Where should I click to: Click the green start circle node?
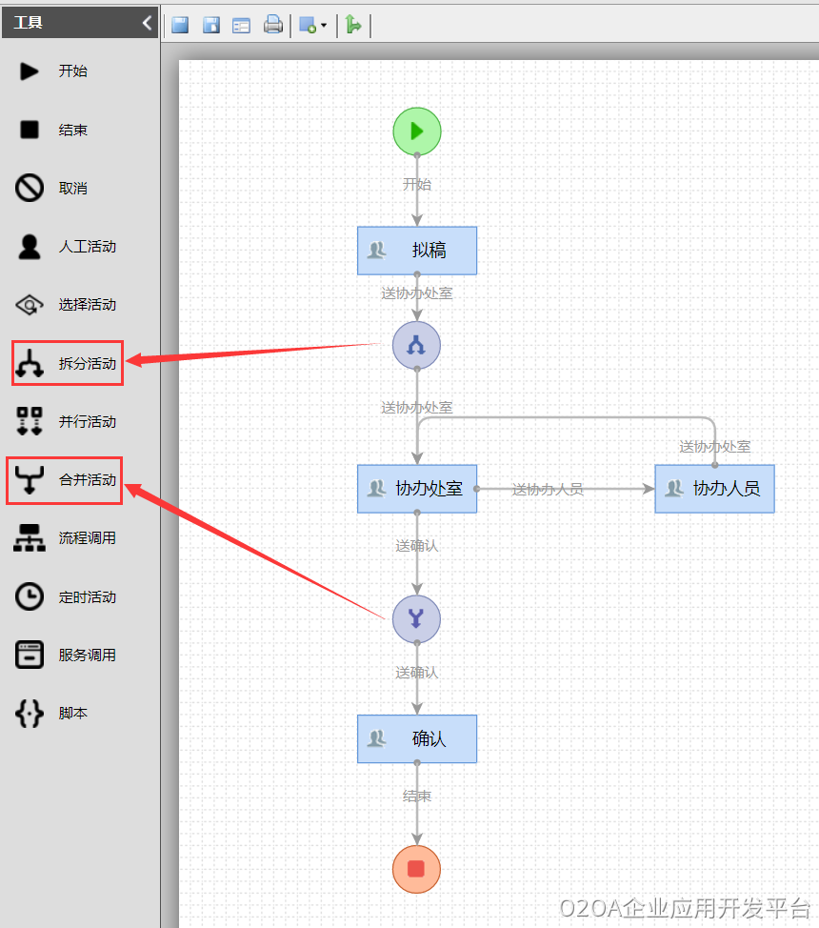pos(417,131)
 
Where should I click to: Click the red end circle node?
pos(416,869)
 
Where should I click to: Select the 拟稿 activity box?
pos(417,251)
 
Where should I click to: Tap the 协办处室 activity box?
pos(417,489)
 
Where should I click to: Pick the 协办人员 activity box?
pos(714,489)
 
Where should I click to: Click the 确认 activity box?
pos(417,739)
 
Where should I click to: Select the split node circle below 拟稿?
pos(416,345)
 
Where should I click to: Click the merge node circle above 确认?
pos(416,619)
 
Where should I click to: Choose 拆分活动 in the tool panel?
pos(68,363)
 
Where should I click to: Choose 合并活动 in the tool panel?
pos(66,480)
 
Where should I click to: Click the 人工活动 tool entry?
pos(67,247)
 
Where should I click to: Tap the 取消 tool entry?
pos(52,189)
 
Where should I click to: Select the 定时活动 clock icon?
pos(30,597)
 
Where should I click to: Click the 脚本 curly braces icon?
pos(30,714)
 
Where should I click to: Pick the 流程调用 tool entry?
pos(67,538)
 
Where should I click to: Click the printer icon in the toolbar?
pos(273,25)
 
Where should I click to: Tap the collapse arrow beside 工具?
pos(147,22)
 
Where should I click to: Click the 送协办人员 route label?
pos(548,490)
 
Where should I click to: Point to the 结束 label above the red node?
pos(417,797)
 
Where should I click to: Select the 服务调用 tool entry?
pos(67,656)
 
